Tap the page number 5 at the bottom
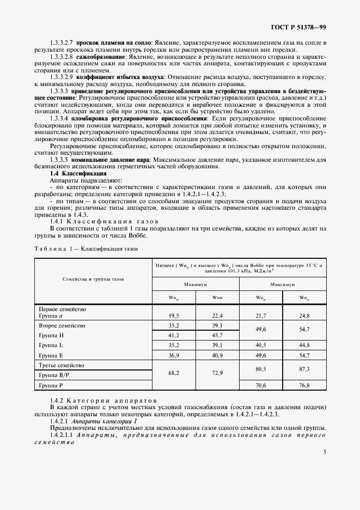point(325,452)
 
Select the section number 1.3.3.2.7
point(62,42)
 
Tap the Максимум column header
point(283,284)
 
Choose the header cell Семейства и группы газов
point(93,278)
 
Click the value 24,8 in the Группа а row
point(304,315)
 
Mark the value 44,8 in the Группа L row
point(304,345)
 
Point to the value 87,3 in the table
point(304,369)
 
